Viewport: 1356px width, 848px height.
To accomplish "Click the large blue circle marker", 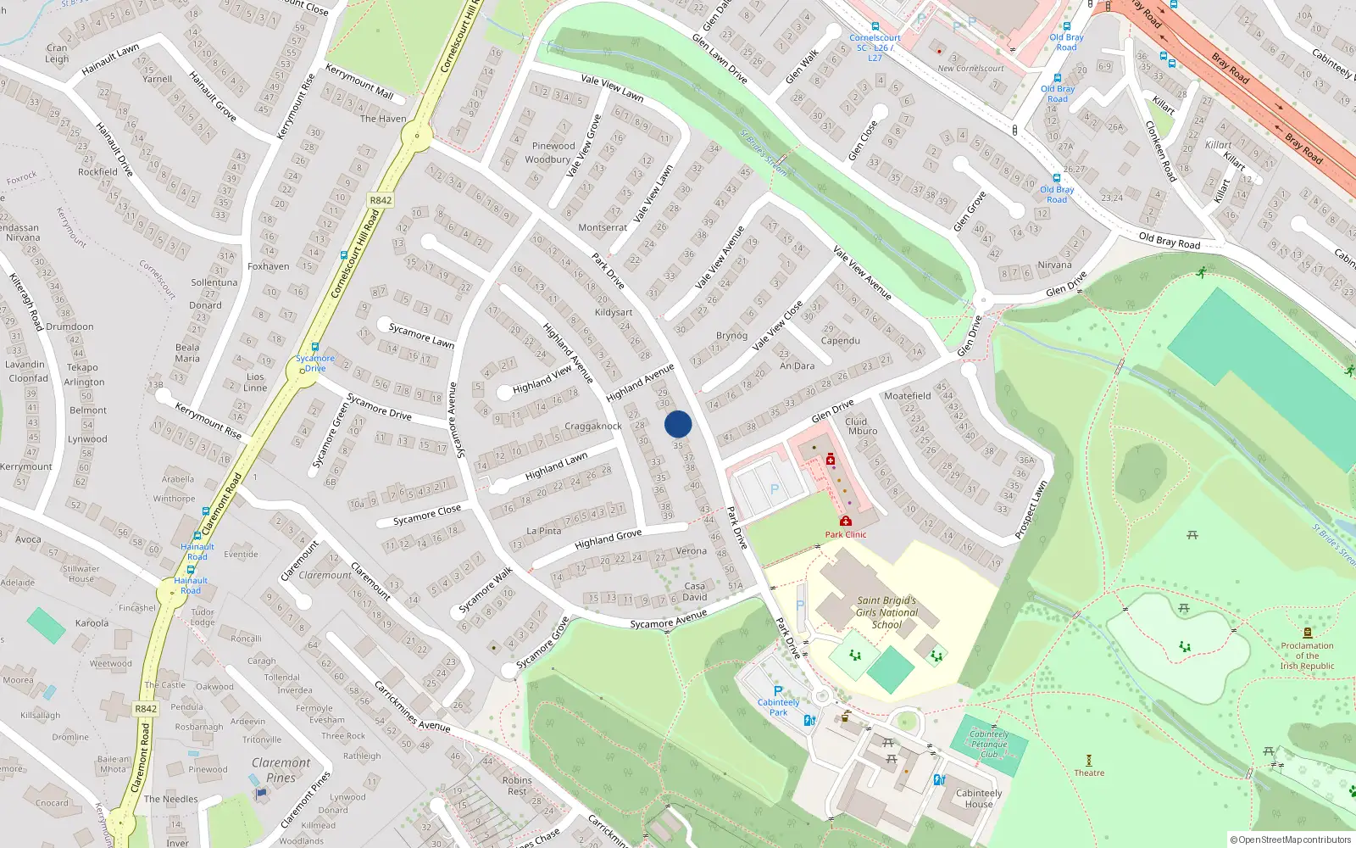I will [x=678, y=424].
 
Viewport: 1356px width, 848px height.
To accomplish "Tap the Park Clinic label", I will [x=846, y=534].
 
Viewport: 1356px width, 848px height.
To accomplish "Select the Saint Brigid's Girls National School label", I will [x=886, y=612].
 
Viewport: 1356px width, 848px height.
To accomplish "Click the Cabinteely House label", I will [x=979, y=799].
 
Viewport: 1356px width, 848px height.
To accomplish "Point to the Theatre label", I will [x=1089, y=773].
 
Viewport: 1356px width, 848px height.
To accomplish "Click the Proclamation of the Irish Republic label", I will [x=1307, y=656].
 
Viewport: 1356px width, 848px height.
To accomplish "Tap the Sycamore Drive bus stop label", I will [x=315, y=363].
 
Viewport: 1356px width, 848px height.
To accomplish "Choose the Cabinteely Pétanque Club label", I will [x=989, y=745].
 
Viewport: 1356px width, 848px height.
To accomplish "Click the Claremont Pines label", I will [x=281, y=770].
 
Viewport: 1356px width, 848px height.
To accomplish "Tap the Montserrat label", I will [x=603, y=227].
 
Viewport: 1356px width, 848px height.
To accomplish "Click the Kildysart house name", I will [x=614, y=312].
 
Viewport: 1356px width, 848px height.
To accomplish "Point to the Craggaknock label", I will [x=593, y=427].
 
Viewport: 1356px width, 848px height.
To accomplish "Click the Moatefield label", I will [x=907, y=396].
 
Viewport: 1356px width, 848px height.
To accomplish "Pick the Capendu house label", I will [x=841, y=341].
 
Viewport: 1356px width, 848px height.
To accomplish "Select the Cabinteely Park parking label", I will [x=778, y=707].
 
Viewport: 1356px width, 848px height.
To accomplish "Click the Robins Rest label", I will [x=517, y=785].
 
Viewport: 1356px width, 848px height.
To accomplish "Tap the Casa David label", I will [x=695, y=591].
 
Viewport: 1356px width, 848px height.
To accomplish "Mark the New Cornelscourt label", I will [x=970, y=69].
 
